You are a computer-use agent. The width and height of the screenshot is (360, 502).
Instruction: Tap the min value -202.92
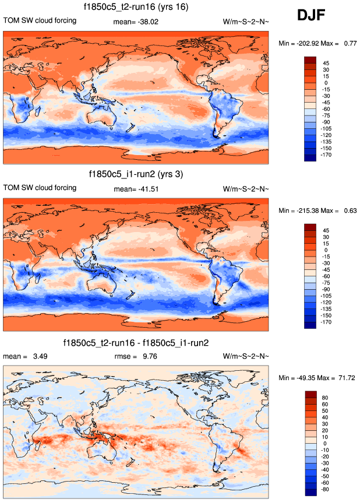309,43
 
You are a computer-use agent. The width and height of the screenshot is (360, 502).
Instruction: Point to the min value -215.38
309,210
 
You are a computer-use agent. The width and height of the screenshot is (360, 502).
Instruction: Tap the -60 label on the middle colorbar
327,276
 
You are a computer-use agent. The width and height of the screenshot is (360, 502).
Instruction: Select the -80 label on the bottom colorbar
327,490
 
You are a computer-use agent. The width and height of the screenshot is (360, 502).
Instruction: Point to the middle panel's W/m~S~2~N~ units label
246,188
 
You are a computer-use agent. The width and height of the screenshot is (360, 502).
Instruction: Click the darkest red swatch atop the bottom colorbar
310,395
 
